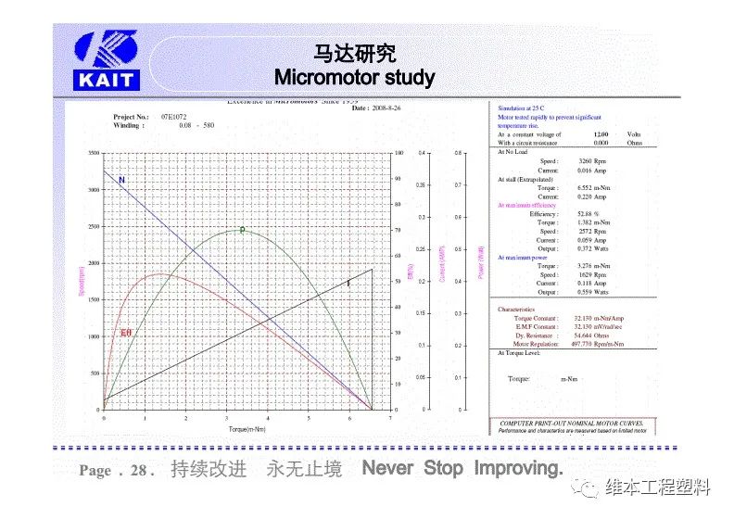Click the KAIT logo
tap(106, 60)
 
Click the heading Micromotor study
tap(355, 76)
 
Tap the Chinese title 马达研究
tap(355, 53)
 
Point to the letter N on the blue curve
tap(122, 180)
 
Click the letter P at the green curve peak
tap(242, 230)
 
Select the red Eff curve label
tap(126, 332)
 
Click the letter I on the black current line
tap(348, 283)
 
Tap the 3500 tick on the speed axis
tap(93, 153)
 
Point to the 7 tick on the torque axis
tap(390, 418)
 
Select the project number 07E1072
tap(174, 118)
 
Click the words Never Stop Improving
tap(462, 469)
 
